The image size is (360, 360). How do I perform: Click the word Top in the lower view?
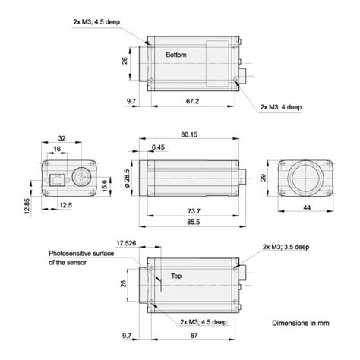click(177, 277)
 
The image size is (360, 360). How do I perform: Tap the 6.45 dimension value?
click(158, 147)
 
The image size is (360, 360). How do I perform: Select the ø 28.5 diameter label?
click(127, 176)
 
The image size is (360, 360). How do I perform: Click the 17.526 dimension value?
click(127, 243)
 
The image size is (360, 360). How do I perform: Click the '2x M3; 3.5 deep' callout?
click(287, 247)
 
